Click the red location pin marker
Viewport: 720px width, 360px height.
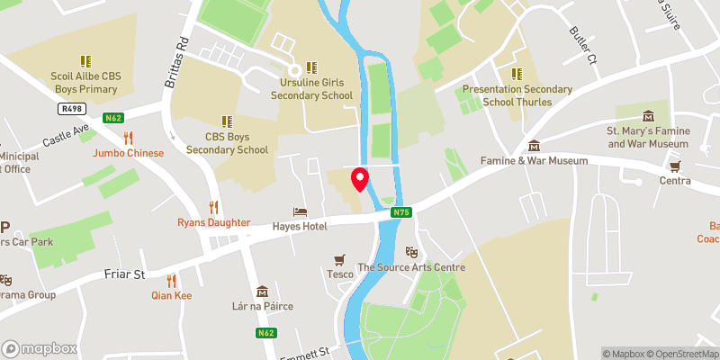click(x=360, y=179)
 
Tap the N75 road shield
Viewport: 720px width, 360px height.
click(x=401, y=212)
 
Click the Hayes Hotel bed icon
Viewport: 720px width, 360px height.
click(x=301, y=211)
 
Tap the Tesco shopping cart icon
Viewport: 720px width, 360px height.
click(x=339, y=259)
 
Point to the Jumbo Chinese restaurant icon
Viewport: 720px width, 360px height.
click(x=128, y=138)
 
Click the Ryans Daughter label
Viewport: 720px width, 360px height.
click(x=213, y=222)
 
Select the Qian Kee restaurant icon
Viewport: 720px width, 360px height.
click(x=170, y=280)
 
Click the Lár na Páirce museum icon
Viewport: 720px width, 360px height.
click(x=262, y=291)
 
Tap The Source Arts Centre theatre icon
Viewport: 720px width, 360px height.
click(x=411, y=252)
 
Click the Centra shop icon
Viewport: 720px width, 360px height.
click(x=675, y=166)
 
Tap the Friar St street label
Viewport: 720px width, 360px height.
click(x=127, y=273)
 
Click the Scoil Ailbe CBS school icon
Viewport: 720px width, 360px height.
click(x=85, y=61)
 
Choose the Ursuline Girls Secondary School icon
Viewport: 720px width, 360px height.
click(x=310, y=67)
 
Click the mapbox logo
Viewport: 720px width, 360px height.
click(x=39, y=348)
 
